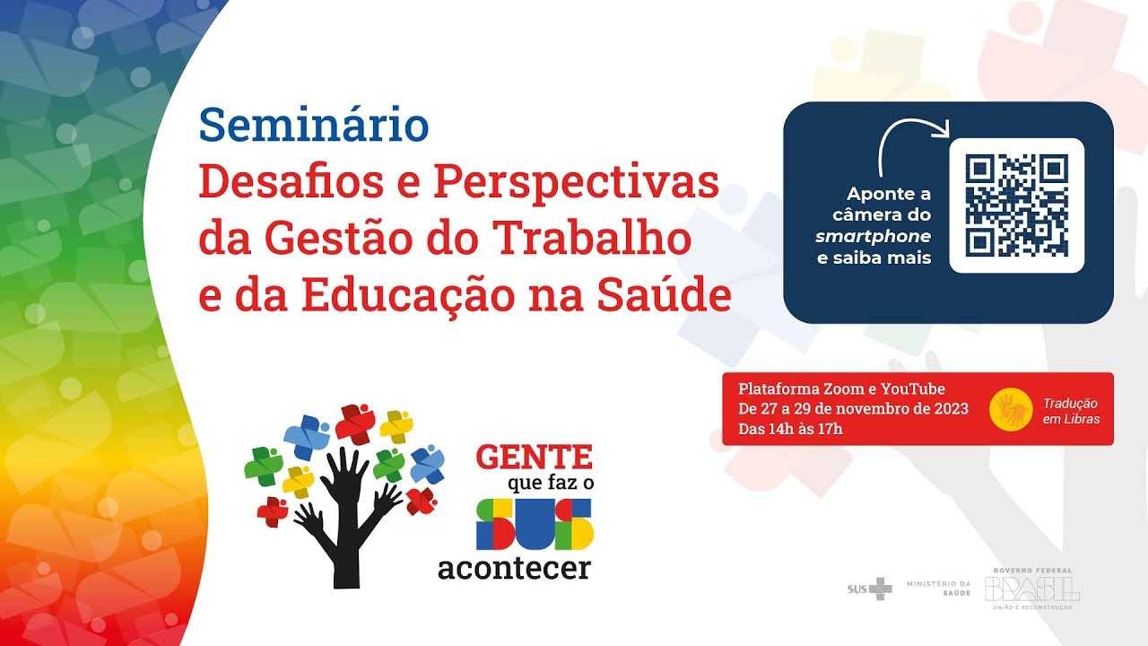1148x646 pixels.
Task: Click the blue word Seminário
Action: (x=314, y=126)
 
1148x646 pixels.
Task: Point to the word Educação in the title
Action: (x=423, y=296)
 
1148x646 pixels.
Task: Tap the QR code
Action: (x=1016, y=205)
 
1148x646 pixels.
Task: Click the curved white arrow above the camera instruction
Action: (x=911, y=144)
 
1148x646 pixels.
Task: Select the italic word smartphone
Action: (x=873, y=237)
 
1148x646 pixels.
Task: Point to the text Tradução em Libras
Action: (x=1071, y=411)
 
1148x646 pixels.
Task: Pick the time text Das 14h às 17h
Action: (x=790, y=429)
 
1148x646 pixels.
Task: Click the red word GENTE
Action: (x=535, y=457)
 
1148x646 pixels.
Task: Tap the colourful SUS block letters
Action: (x=535, y=524)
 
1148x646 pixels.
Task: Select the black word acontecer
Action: (x=514, y=568)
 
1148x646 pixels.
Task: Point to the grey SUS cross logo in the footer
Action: (x=870, y=589)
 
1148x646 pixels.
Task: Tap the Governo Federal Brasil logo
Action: (x=1032, y=589)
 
